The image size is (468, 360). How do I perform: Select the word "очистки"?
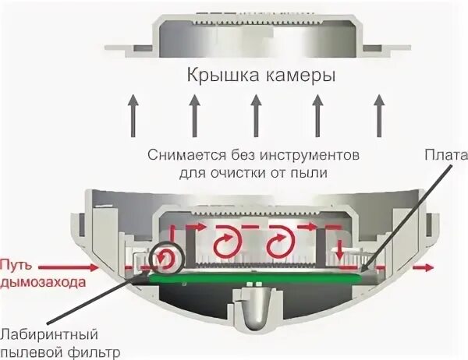pyautogui.click(x=246, y=171)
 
